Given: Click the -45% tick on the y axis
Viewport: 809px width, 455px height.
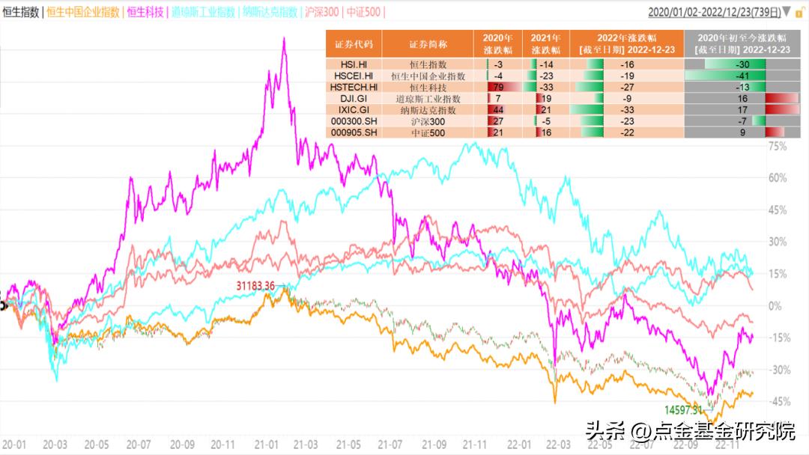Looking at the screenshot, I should click(778, 402).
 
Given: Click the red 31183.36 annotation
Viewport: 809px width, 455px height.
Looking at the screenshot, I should click(255, 286).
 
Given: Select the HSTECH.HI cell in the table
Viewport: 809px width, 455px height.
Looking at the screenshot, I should click(354, 87).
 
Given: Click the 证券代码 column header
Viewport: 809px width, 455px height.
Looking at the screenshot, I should click(354, 43).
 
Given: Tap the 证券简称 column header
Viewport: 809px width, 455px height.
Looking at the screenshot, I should click(428, 43).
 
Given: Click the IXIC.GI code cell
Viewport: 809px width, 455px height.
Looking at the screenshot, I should click(354, 109).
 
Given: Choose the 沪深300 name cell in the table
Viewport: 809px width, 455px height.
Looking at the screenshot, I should click(428, 120).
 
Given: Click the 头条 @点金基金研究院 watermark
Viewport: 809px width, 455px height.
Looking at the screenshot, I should click(689, 432).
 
